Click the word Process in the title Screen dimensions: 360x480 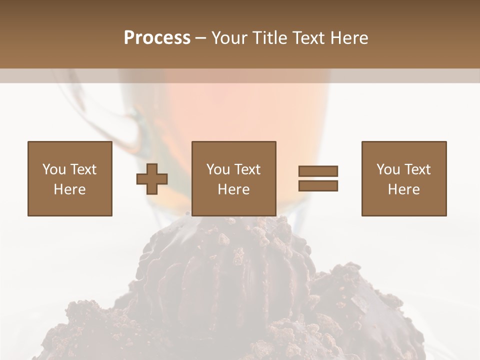pos(157,38)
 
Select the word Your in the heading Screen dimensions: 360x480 pos(229,38)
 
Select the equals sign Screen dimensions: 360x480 pos(318,178)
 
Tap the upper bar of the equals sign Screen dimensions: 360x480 pos(318,171)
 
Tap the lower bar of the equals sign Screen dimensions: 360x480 pos(318,185)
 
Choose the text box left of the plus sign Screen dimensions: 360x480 pos(69,178)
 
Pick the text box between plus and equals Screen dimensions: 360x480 pos(233,178)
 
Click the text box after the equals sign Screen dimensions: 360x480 pos(403,178)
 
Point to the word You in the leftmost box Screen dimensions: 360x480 pos(54,169)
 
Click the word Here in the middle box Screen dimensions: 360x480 pos(233,189)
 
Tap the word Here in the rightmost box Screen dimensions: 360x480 pos(403,189)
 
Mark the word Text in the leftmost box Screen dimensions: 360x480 pos(83,169)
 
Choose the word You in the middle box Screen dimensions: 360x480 pos(218,169)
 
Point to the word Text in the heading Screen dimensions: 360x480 pos(309,38)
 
